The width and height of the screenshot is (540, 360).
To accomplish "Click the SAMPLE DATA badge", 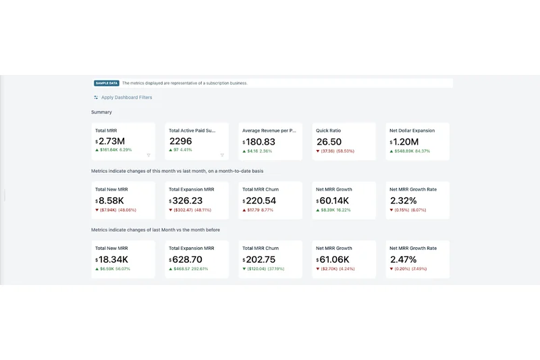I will pyautogui.click(x=107, y=83).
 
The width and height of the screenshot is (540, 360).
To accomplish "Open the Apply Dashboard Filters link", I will pyautogui.click(x=126, y=97).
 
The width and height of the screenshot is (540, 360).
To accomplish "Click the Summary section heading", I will pyautogui.click(x=102, y=112).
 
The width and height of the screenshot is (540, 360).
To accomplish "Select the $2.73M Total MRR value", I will pyautogui.click(x=111, y=142).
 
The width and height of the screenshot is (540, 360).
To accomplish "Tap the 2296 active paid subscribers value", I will pyautogui.click(x=180, y=142).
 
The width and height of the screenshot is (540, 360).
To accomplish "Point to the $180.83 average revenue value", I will pyautogui.click(x=260, y=142).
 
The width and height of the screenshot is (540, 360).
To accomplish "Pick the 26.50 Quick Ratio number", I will pyautogui.click(x=329, y=142).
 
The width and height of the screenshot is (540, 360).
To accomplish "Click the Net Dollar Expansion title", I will pyautogui.click(x=412, y=130).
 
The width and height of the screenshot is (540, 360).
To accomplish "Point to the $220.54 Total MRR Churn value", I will pyautogui.click(x=260, y=201).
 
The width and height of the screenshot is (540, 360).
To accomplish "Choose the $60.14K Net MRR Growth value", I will pyautogui.click(x=333, y=201).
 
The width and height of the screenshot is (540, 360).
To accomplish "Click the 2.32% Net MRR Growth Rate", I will pyautogui.click(x=403, y=201).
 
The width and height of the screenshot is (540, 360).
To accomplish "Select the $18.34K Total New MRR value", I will pyautogui.click(x=113, y=259).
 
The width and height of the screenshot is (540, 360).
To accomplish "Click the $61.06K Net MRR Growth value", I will pyautogui.click(x=333, y=259).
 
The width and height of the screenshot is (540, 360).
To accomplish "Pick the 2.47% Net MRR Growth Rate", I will pyautogui.click(x=403, y=259).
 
